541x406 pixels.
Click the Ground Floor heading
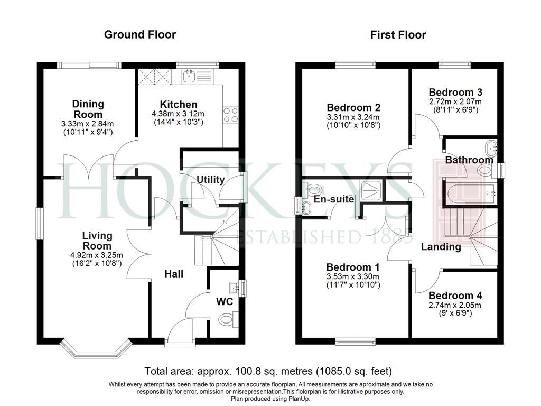point(139,34)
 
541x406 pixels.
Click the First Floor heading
point(398,34)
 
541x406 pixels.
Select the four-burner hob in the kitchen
point(230,115)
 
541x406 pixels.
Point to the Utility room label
point(210,180)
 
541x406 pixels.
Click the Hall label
point(173,274)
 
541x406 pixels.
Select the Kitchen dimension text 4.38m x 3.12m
point(178,114)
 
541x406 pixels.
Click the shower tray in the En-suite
point(371,190)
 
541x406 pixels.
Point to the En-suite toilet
point(314,189)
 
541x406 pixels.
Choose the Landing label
point(441,246)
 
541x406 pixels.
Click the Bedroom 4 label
point(455,296)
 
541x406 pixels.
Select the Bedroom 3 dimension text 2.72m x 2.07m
point(455,101)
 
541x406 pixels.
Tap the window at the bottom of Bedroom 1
point(356,342)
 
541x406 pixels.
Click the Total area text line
point(268,372)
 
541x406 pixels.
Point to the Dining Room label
point(88,109)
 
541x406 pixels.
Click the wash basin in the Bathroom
point(491,149)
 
